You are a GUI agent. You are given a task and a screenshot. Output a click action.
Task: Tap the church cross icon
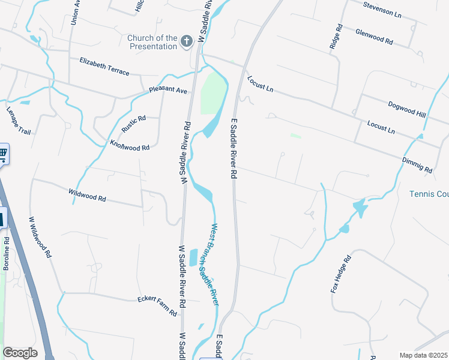(x=187, y=41)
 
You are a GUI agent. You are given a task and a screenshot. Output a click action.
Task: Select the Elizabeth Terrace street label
(x=104, y=66)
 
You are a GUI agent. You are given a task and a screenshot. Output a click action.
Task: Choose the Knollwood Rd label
(x=129, y=146)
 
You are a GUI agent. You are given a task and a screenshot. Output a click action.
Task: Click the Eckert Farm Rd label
(x=157, y=305)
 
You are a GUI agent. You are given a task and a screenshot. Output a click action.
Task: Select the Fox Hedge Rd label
(x=340, y=275)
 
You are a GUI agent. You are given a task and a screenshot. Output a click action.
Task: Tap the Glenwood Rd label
(x=373, y=37)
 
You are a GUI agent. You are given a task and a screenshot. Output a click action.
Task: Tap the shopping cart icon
(x=2, y=154)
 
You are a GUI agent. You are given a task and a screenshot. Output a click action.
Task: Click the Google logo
(x=20, y=352)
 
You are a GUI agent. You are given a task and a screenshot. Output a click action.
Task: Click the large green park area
(x=212, y=94)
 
